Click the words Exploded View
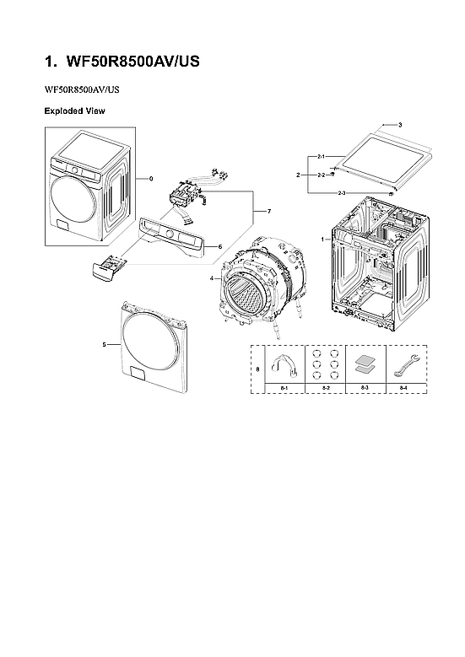(74, 111)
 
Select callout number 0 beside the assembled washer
(151, 179)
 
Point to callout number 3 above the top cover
(399, 125)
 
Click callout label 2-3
(341, 194)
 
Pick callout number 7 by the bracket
(268, 210)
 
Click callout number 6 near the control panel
(219, 247)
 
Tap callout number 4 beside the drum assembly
(211, 278)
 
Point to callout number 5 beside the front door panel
(104, 344)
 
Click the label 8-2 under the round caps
(324, 387)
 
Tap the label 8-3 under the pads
(365, 387)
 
